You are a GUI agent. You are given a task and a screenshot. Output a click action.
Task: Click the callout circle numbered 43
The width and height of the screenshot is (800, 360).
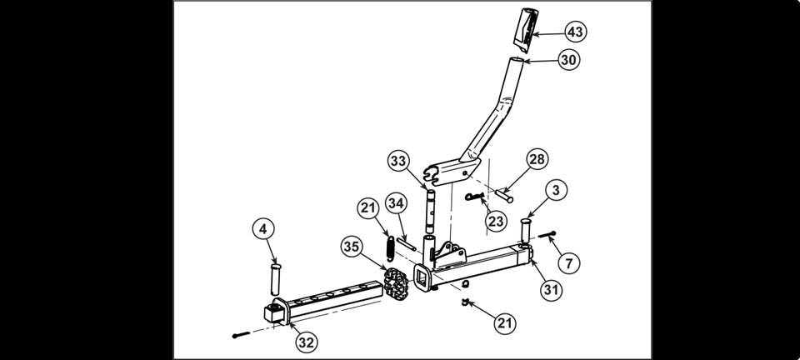pyautogui.click(x=575, y=32)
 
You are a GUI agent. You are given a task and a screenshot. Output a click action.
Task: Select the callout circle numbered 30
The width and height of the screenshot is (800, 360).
pyautogui.click(x=568, y=60)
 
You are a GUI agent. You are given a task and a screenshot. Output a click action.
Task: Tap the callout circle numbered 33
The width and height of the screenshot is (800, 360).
pyautogui.click(x=399, y=161)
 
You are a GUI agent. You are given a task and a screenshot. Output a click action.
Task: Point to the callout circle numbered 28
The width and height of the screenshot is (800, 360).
pyautogui.click(x=536, y=160)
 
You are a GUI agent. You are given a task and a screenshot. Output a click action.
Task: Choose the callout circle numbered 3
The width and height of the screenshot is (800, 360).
pyautogui.click(x=556, y=191)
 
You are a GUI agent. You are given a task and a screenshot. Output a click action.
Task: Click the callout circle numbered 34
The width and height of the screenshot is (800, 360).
pyautogui.click(x=396, y=203)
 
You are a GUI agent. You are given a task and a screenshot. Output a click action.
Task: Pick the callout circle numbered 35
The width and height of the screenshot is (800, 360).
pyautogui.click(x=352, y=247)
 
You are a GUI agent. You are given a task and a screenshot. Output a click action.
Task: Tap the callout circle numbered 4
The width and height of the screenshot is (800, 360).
pyautogui.click(x=263, y=229)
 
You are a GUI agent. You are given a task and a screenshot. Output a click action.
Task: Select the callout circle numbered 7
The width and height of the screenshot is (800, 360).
pyautogui.click(x=569, y=263)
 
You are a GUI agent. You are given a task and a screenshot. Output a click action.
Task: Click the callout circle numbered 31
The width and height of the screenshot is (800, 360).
pyautogui.click(x=551, y=290)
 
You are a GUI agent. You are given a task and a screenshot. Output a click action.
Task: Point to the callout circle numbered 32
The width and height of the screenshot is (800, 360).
pyautogui.click(x=306, y=342)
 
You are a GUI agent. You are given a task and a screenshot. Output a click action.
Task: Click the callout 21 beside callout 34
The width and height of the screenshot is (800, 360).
pyautogui.click(x=368, y=208)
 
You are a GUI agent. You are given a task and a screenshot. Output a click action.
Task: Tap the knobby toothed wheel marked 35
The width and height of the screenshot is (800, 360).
pyautogui.click(x=396, y=282)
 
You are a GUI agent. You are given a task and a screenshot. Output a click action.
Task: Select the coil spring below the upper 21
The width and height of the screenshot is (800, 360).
pyautogui.click(x=391, y=248)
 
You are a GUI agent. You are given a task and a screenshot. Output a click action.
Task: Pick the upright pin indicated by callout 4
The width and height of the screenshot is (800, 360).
pyautogui.click(x=276, y=279)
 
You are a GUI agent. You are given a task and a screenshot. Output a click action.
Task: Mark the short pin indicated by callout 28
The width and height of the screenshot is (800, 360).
pyautogui.click(x=504, y=195)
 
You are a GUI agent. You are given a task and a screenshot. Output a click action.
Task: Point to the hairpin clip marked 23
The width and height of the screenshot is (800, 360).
pyautogui.click(x=474, y=196)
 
